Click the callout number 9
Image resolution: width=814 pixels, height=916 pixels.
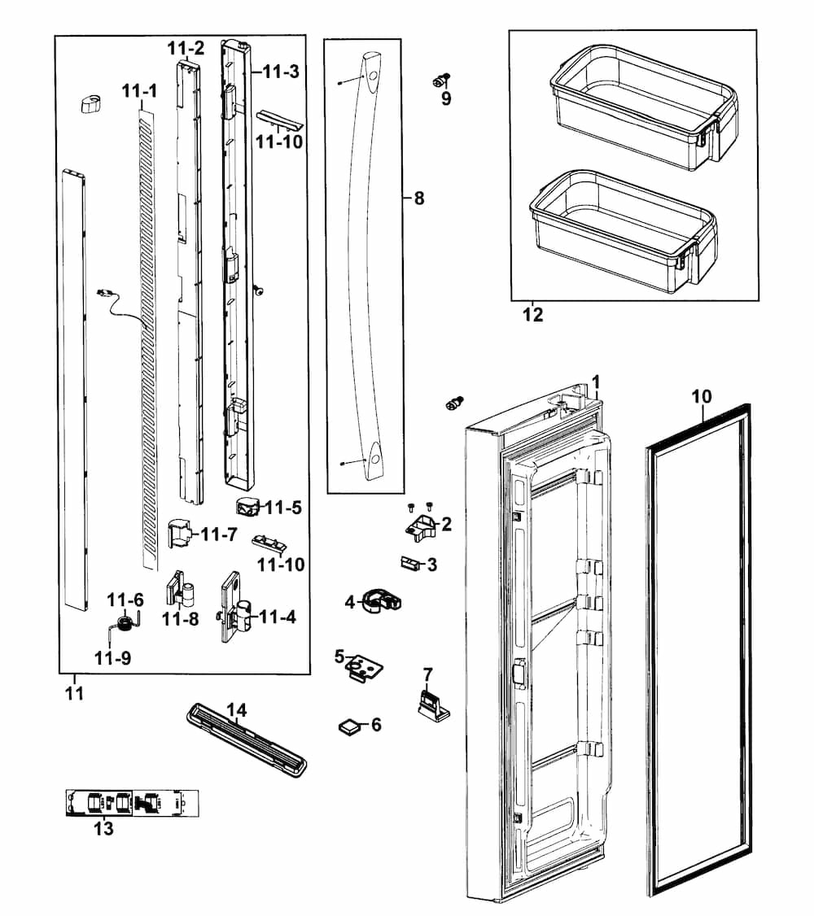tap(446, 99)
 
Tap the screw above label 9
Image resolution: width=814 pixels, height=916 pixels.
tap(442, 79)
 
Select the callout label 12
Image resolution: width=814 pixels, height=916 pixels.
tap(533, 315)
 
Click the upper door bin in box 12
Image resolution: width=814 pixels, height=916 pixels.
tap(642, 106)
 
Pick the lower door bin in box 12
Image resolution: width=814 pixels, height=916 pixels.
tap(623, 230)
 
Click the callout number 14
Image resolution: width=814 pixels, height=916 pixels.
tap(236, 710)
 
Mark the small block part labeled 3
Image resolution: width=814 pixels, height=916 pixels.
tap(411, 563)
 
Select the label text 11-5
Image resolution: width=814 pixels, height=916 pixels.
tap(283, 508)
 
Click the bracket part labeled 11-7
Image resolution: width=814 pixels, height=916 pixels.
tap(181, 534)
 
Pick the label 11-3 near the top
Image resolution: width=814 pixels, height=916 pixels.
tap(281, 72)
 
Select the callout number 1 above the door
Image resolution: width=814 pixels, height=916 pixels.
tap(596, 381)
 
